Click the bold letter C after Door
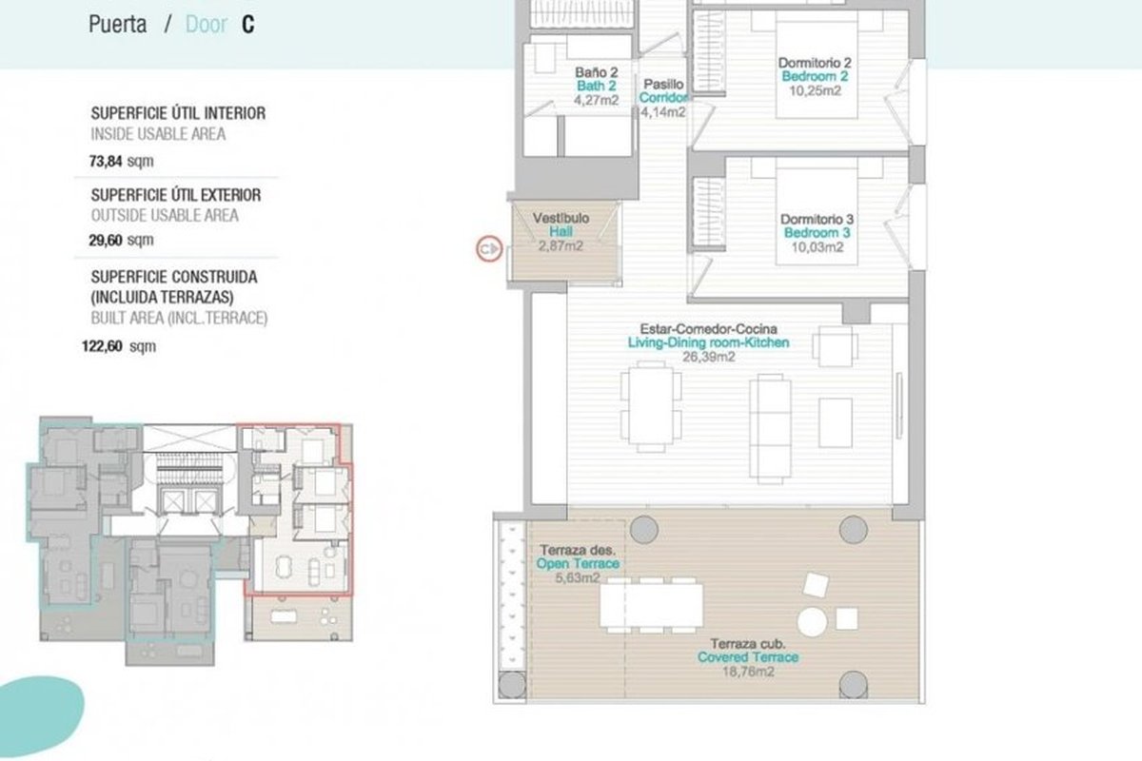(x=247, y=25)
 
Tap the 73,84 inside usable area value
(x=106, y=161)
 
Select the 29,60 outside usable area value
(x=106, y=240)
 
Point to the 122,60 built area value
(x=102, y=346)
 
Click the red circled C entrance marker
(x=489, y=249)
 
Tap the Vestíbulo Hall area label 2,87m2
(x=561, y=246)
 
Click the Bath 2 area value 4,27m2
(x=596, y=100)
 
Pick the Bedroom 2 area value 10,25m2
(x=815, y=90)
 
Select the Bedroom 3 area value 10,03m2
(x=817, y=247)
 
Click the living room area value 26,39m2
(x=709, y=357)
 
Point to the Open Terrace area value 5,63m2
(x=577, y=578)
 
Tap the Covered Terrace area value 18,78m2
(x=748, y=672)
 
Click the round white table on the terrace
(x=812, y=622)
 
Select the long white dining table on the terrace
(x=651, y=606)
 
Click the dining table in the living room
(x=651, y=406)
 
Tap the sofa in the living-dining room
(x=770, y=429)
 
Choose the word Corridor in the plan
(x=663, y=97)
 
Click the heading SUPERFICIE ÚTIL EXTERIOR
(x=176, y=195)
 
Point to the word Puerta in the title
(x=118, y=25)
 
